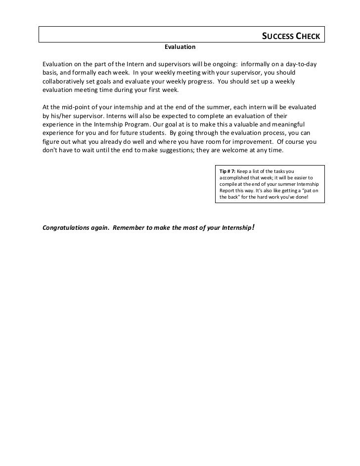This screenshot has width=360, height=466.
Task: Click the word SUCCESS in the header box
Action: (277, 37)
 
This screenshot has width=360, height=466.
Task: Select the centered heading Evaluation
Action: (180, 47)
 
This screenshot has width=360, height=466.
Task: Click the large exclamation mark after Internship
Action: (253, 228)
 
